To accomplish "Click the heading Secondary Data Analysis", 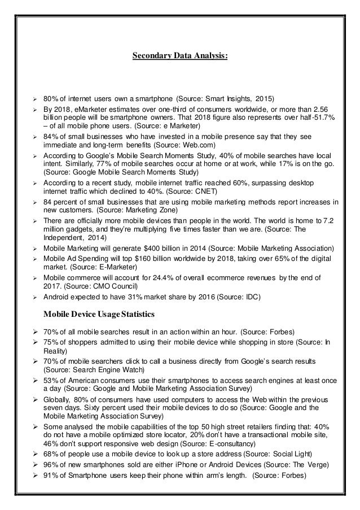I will [x=179, y=56].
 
